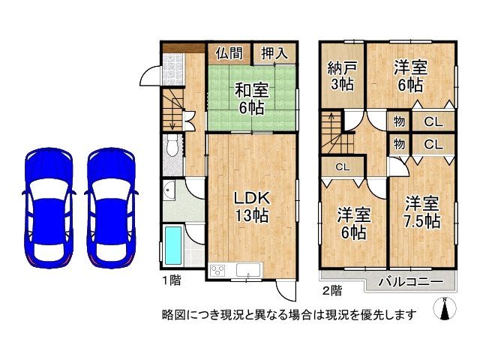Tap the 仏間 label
pyautogui.click(x=229, y=53)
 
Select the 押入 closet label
pyautogui.click(x=273, y=53)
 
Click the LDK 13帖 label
pyautogui.click(x=250, y=206)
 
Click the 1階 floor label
pyautogui.click(x=170, y=280)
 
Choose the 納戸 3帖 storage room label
pyautogui.click(x=342, y=76)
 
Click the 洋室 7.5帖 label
pyautogui.click(x=423, y=211)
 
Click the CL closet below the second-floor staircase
pyautogui.click(x=341, y=166)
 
